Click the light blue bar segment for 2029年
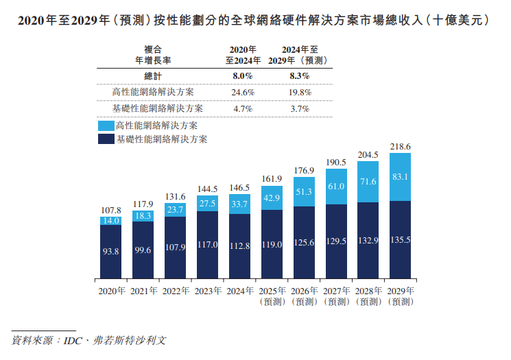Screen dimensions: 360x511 click(x=400, y=177)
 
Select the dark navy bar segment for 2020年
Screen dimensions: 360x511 click(x=110, y=252)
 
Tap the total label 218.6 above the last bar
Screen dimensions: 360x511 click(x=400, y=147)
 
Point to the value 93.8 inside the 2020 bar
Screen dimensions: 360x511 click(x=110, y=252)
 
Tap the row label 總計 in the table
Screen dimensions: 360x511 click(x=152, y=76)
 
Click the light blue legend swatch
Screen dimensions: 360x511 click(x=105, y=126)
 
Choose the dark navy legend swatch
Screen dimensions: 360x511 click(x=105, y=139)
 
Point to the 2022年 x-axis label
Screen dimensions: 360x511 click(x=176, y=291)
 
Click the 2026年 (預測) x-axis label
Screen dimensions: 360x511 click(x=304, y=296)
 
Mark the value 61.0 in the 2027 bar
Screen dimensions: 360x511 click(x=335, y=187)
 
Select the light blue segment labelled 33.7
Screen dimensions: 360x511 click(x=239, y=204)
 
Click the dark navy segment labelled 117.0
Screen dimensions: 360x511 click(x=207, y=245)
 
